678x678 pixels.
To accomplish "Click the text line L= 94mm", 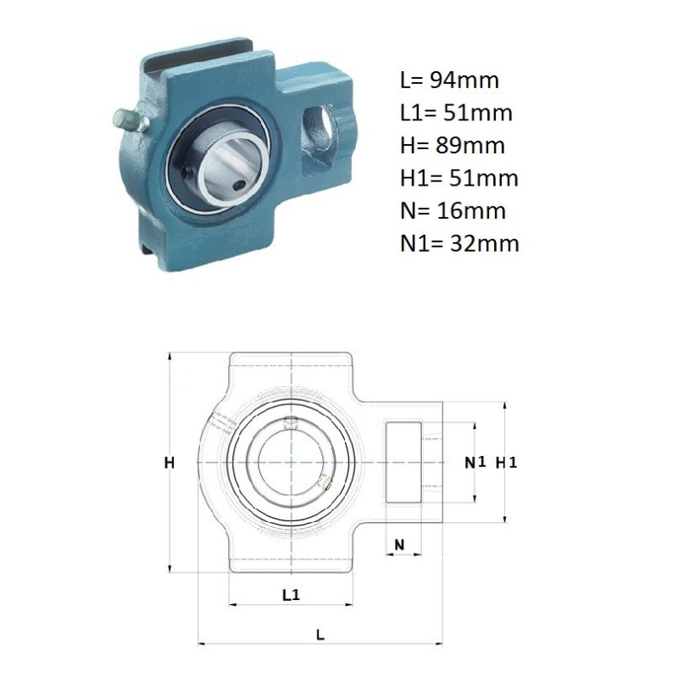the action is (x=449, y=80).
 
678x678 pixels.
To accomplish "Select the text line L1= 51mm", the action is (x=456, y=113).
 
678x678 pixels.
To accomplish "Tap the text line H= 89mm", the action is (x=453, y=145).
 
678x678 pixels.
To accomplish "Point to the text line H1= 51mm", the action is (x=459, y=178).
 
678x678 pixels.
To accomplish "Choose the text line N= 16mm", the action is (x=453, y=210).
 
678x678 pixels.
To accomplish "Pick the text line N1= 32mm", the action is (x=459, y=243).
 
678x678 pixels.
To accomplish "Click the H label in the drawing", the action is (x=169, y=463).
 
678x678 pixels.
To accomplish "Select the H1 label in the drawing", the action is (x=506, y=463).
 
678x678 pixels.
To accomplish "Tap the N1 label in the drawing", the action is (x=475, y=463).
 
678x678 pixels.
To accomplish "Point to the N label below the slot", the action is (x=399, y=545).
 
